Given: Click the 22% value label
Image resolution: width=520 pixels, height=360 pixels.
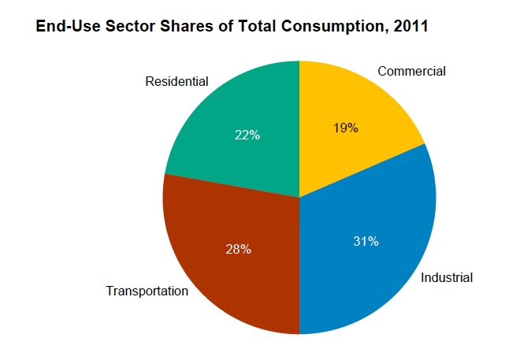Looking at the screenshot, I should pyautogui.click(x=247, y=135).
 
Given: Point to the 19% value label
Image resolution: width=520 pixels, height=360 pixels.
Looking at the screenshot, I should pyautogui.click(x=345, y=128).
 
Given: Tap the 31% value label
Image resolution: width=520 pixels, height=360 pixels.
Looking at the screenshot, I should pyautogui.click(x=366, y=242).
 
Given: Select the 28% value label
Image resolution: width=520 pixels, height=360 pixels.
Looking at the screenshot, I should pyautogui.click(x=238, y=249).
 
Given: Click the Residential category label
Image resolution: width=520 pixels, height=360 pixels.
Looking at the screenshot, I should pyautogui.click(x=176, y=82).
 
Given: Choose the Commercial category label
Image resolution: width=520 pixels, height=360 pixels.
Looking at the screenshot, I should pyautogui.click(x=411, y=71).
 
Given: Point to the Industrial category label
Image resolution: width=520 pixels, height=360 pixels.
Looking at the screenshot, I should pyautogui.click(x=447, y=277).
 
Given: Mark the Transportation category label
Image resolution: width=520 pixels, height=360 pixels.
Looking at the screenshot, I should pyautogui.click(x=147, y=291).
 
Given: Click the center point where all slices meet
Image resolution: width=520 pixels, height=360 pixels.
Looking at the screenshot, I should pyautogui.click(x=299, y=197).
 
